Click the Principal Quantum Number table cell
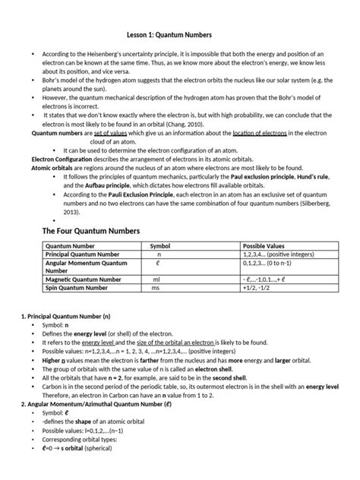82,255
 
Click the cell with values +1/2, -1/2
259,288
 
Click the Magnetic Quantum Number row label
82,279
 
